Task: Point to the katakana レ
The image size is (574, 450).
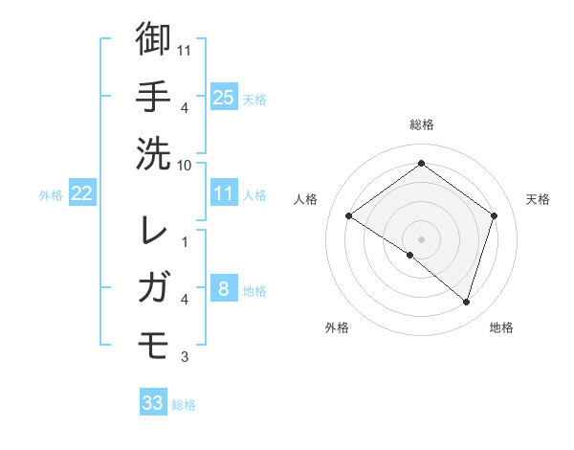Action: point(153,230)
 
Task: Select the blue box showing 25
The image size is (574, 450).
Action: point(224,97)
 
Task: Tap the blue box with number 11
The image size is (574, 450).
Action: point(224,193)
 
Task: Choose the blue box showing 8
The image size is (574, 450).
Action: point(224,289)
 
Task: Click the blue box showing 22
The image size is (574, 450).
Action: point(82,193)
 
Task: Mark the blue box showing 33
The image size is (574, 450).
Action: point(153,403)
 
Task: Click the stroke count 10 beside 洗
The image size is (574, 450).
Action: point(185,164)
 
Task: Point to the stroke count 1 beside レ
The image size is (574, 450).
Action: point(185,240)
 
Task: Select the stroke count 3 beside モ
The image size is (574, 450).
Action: point(185,357)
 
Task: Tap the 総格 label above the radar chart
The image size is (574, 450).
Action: point(421,124)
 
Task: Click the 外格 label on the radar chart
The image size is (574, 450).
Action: point(337,327)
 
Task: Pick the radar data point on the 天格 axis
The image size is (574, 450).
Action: point(495,216)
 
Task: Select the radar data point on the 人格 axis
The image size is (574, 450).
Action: point(348,216)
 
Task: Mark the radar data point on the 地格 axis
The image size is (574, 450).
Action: point(466,302)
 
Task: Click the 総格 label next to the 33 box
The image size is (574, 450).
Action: point(184,405)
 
